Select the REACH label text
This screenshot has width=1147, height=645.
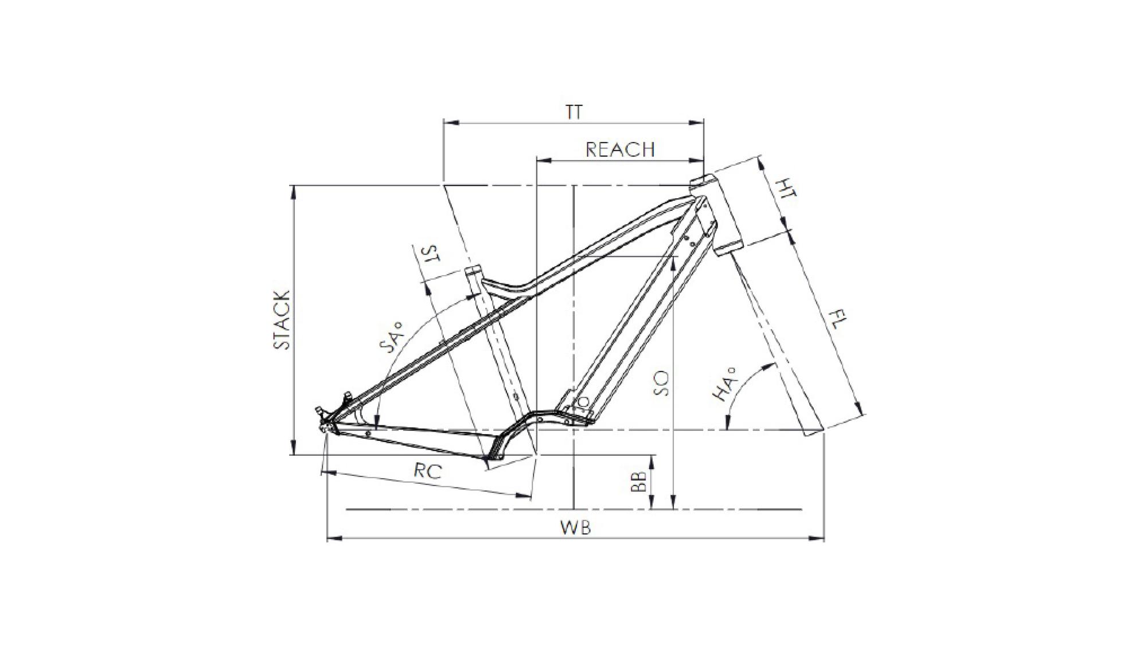(x=620, y=150)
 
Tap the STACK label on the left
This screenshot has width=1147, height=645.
(x=282, y=320)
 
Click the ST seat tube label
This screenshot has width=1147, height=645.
(x=430, y=254)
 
